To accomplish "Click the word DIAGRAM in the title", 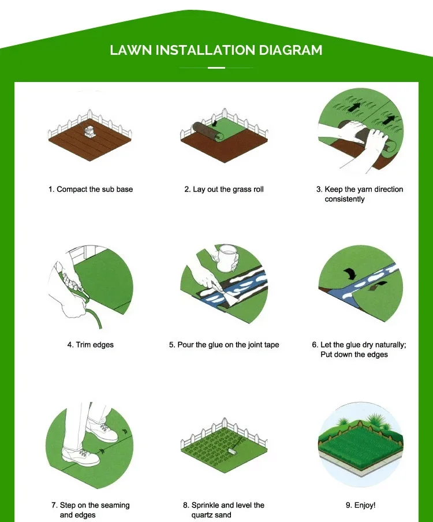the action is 290,50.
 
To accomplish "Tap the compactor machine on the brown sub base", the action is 89,132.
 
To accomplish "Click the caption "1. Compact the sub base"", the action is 91,189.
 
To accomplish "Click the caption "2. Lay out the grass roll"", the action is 224,189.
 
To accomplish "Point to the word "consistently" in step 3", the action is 345,199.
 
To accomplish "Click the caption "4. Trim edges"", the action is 91,345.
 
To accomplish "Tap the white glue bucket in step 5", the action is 227,258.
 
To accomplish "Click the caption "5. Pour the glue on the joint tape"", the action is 224,345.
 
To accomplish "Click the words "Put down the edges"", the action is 354,354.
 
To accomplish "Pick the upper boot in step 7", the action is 102,429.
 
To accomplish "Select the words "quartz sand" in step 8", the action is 211,515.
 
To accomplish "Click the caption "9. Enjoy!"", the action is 360,505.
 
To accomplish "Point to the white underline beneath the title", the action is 216,68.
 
